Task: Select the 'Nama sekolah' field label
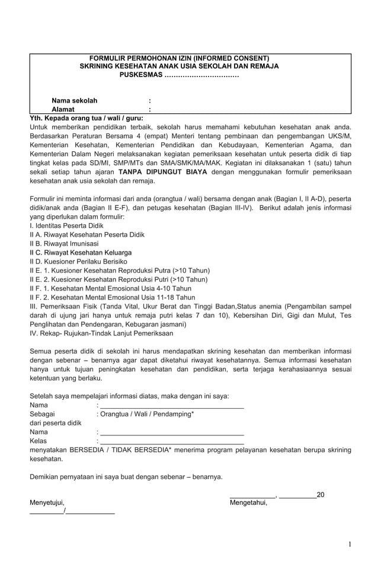(x=74, y=101)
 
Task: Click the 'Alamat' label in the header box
(x=63, y=110)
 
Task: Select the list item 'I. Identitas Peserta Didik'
(x=66, y=226)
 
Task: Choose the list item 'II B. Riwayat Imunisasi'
(x=65, y=244)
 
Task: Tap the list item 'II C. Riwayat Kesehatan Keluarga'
(x=81, y=253)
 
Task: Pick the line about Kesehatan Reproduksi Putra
(x=120, y=271)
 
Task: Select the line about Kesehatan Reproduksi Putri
(x=118, y=279)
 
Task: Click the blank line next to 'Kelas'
(x=172, y=441)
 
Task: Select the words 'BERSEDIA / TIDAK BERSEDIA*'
(x=120, y=450)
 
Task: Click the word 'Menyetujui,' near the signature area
(x=47, y=503)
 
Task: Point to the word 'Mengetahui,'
(x=248, y=503)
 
